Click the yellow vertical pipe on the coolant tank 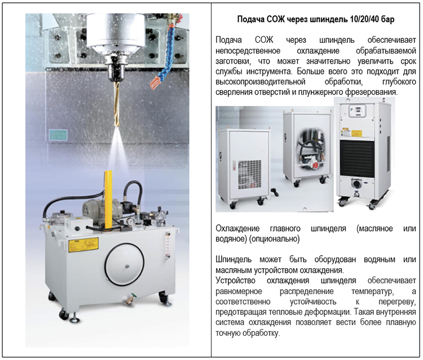pyautogui.click(x=108, y=199)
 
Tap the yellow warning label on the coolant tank pyautogui.click(x=83, y=245)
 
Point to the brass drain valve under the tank pyautogui.click(x=130, y=299)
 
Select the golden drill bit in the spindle pyautogui.click(x=117, y=104)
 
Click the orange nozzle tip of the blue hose pyautogui.click(x=155, y=82)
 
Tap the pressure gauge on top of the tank pyautogui.click(x=131, y=221)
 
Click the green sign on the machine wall pyautogui.click(x=58, y=135)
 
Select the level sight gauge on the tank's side pyautogui.click(x=168, y=246)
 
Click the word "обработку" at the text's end pyautogui.click(x=261, y=334)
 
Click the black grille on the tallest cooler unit pyautogui.click(x=357, y=158)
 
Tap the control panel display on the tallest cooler pyautogui.click(x=358, y=111)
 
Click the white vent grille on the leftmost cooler pyautogui.click(x=249, y=174)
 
